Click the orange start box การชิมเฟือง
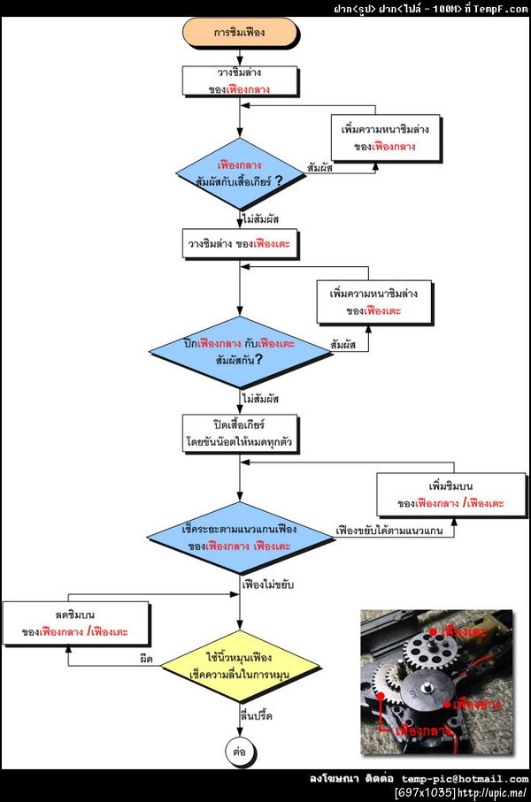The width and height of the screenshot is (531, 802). point(239,34)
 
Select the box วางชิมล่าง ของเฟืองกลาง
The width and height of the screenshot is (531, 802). point(239,81)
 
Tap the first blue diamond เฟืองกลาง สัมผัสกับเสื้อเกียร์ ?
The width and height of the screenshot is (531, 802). point(239,173)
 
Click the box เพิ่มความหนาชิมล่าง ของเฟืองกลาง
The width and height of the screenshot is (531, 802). point(385,137)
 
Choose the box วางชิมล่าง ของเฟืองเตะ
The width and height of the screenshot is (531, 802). point(239,243)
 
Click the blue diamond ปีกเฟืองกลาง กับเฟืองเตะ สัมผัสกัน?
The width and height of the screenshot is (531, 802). point(239,351)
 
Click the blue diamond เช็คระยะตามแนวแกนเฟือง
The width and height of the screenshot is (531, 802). point(239,537)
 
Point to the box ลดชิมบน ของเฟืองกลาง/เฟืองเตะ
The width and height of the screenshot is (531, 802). point(75,623)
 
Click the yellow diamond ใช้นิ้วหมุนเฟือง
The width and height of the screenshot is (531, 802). point(239,667)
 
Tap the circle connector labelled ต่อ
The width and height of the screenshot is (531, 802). point(239,751)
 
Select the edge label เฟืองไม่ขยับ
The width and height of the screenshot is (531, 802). point(268,586)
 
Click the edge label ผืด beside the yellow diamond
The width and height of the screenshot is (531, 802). point(147,660)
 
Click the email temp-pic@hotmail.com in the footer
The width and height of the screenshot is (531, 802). point(465,778)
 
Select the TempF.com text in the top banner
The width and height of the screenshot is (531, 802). point(502,8)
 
